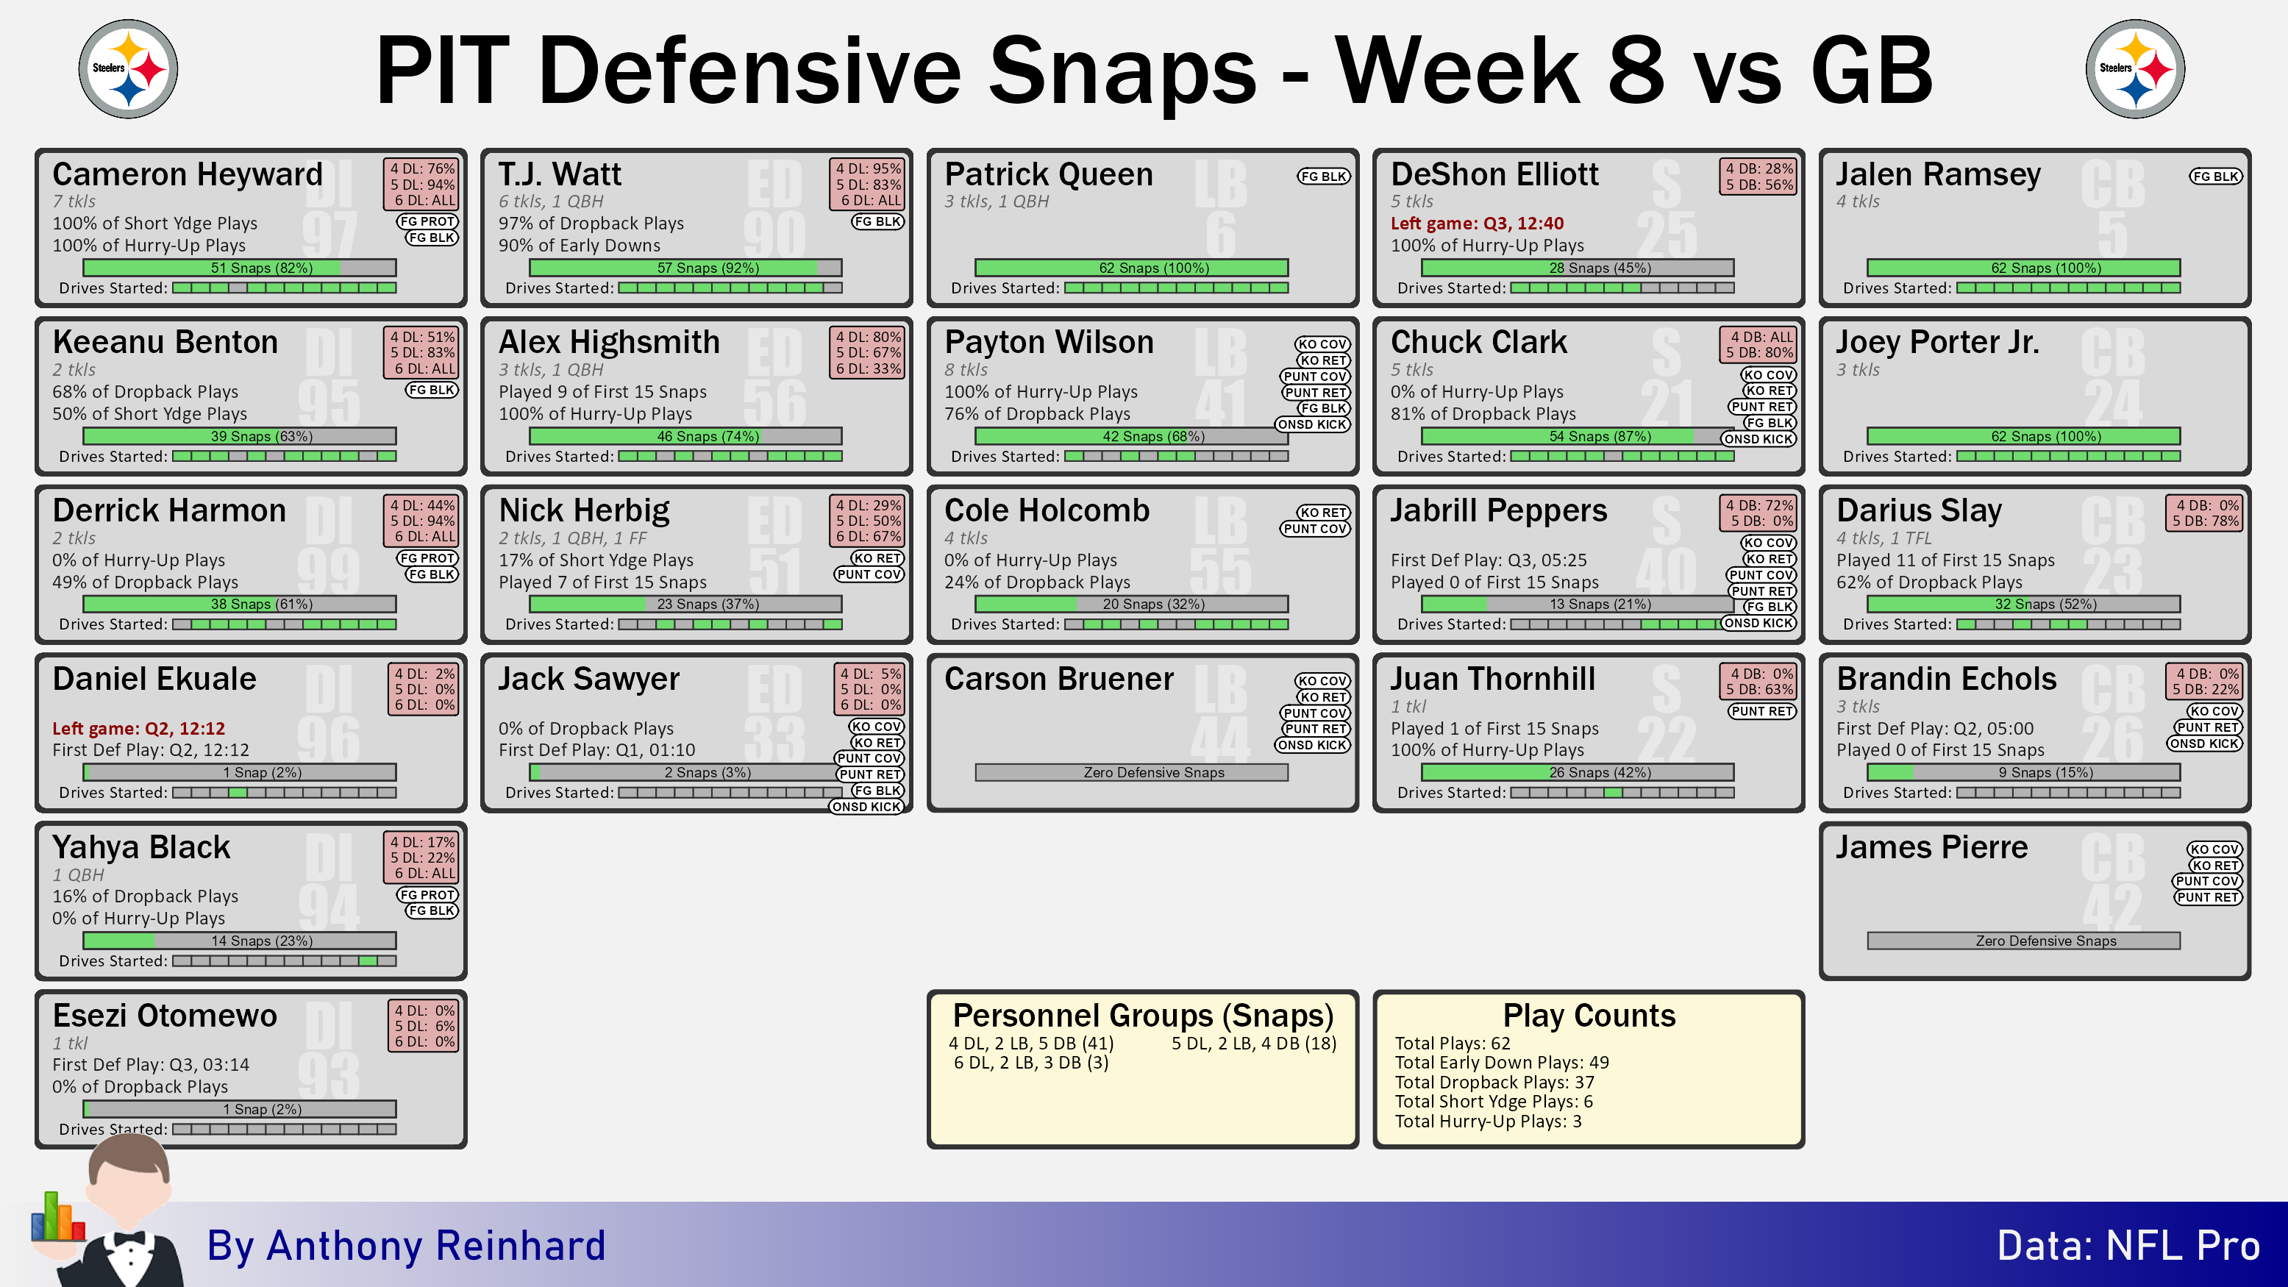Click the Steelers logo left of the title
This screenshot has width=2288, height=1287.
[x=128, y=68]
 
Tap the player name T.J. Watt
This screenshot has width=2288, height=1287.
[x=560, y=174]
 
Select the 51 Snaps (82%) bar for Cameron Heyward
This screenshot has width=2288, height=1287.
[x=240, y=268]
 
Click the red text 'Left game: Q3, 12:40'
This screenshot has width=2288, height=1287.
[x=1477, y=223]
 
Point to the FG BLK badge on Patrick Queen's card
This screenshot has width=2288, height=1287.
[x=1323, y=176]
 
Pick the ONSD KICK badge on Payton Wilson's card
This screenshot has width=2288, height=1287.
[x=1313, y=424]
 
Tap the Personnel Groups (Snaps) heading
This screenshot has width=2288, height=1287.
[x=1143, y=1015]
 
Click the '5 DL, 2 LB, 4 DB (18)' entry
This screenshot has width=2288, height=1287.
[x=1254, y=1044]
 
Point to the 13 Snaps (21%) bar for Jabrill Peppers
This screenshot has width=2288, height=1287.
[x=1578, y=604]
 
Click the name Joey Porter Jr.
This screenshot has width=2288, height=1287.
[x=1938, y=342]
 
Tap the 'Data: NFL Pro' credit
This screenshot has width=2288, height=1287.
[x=2128, y=1245]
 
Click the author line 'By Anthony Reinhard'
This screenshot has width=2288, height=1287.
[x=406, y=1245]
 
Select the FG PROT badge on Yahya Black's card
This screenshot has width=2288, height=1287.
[x=427, y=894]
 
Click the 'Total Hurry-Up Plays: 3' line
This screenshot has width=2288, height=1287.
[x=1488, y=1121]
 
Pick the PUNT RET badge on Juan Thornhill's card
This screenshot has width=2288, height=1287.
[x=1762, y=711]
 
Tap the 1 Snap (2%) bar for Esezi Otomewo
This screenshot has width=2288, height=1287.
[x=240, y=1109]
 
